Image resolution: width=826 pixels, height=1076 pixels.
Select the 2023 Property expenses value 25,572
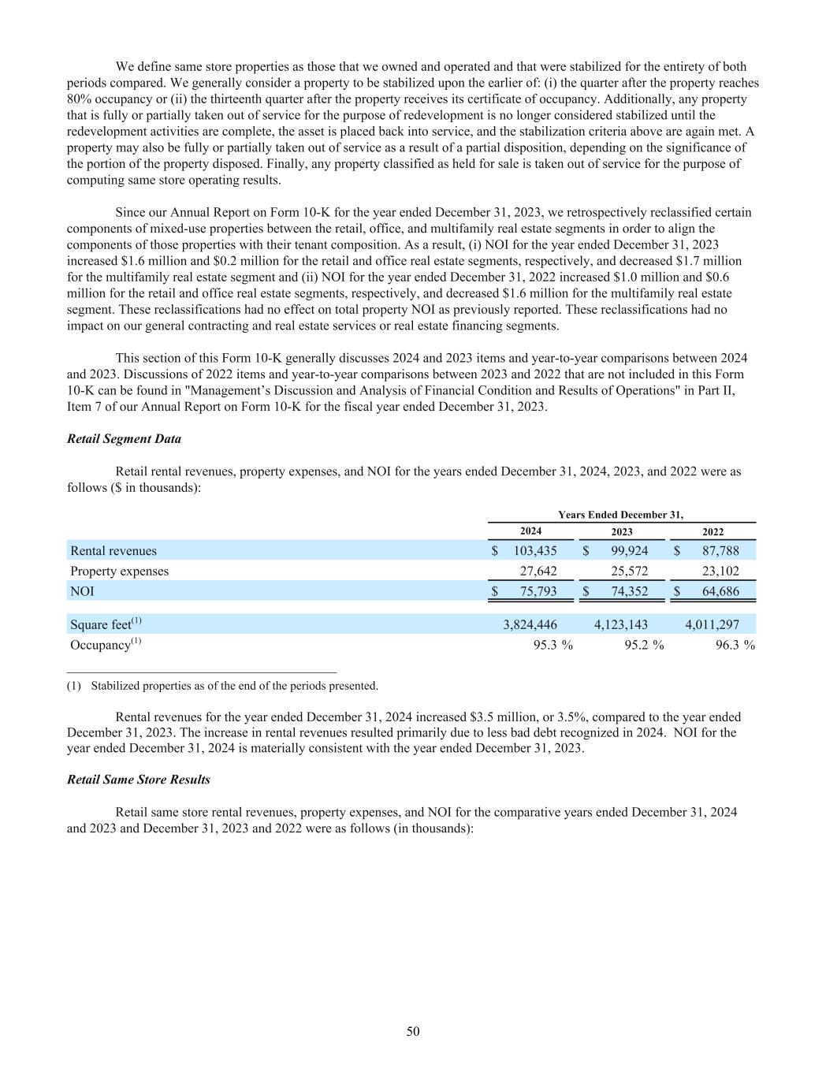[629, 571]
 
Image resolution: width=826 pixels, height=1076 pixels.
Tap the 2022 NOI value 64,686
[720, 591]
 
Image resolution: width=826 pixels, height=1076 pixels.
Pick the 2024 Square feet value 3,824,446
[530, 624]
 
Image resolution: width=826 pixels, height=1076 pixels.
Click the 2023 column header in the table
[622, 532]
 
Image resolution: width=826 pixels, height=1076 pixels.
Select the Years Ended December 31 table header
[621, 515]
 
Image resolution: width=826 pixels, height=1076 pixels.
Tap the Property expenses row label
[119, 571]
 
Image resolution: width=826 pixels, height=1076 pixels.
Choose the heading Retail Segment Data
[124, 439]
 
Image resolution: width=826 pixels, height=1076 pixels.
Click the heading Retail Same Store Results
[139, 780]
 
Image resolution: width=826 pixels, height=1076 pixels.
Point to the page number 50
[413, 1031]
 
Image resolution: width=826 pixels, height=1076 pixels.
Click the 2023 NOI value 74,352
[629, 591]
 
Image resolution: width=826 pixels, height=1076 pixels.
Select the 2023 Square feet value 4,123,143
[621, 624]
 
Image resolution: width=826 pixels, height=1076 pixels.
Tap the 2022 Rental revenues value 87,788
[720, 551]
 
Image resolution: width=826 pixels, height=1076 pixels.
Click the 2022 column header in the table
[713, 532]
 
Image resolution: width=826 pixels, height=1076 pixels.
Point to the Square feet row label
[106, 624]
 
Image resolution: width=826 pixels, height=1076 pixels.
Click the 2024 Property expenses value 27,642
[538, 571]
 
